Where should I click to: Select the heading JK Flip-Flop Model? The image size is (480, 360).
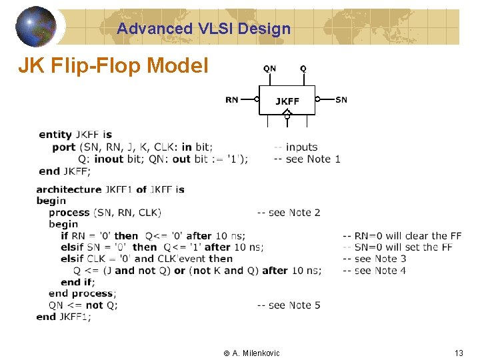[x=113, y=65]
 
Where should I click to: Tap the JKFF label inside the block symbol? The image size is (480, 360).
[x=287, y=101]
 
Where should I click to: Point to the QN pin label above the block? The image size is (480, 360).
[x=269, y=69]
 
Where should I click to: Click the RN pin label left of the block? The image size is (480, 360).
[x=232, y=100]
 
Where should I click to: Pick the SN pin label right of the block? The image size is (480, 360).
[x=341, y=100]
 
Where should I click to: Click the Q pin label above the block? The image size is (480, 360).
[x=303, y=69]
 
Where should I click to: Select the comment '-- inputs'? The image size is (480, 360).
[x=296, y=147]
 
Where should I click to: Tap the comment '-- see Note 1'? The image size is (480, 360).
[x=307, y=159]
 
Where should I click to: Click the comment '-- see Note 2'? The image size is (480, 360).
[x=289, y=213]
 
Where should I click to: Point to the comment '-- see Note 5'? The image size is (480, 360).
[x=289, y=305]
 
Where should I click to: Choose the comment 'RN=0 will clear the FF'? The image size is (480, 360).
[x=402, y=236]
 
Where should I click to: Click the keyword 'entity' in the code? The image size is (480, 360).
[x=55, y=135]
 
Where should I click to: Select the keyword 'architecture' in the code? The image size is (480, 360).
[x=69, y=189]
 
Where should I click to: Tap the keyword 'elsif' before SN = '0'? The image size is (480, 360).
[x=72, y=247]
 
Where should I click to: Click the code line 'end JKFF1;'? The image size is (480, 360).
[x=63, y=317]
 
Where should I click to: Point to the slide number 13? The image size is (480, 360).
[x=458, y=353]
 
